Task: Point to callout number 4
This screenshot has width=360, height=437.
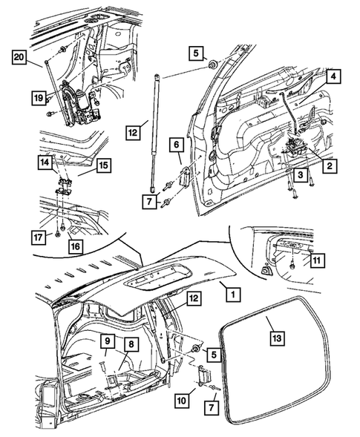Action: point(333,76)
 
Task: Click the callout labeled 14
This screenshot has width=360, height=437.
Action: point(47,161)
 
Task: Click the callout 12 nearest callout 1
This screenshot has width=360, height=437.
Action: point(193,298)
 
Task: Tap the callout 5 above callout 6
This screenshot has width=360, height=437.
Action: point(195,53)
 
